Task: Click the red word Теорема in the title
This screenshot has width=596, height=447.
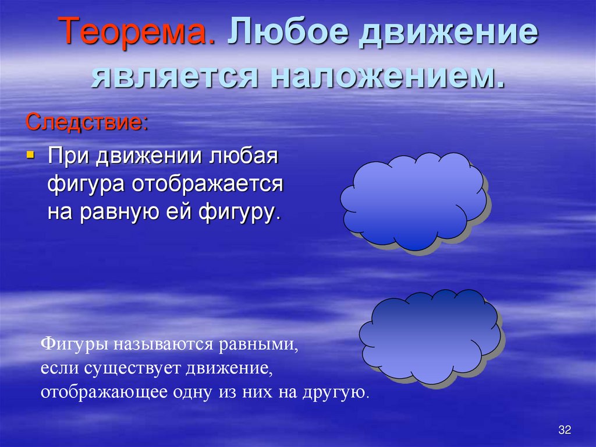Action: (138, 33)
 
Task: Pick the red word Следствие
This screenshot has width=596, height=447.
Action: (86, 122)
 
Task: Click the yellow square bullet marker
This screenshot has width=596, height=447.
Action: (31, 156)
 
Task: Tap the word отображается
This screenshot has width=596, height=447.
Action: (208, 185)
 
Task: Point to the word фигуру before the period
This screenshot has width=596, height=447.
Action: (235, 213)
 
